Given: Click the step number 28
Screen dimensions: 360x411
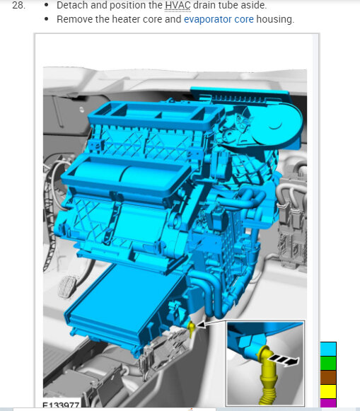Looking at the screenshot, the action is pos(19,5).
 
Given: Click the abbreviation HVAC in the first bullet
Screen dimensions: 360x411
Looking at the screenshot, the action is pos(178,5).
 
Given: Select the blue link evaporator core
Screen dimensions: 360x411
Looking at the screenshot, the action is pos(219,19).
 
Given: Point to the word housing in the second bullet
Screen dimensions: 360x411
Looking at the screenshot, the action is pos(275,20).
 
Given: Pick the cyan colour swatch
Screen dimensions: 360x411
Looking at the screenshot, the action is pos(328,349).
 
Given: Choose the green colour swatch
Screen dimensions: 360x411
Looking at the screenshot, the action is pos(328,363).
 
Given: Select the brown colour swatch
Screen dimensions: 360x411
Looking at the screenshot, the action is pos(328,377).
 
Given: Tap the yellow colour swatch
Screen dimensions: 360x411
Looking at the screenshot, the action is pos(328,391).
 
